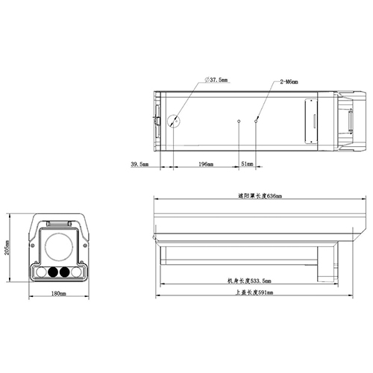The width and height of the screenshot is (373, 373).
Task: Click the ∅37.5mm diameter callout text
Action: tap(218, 80)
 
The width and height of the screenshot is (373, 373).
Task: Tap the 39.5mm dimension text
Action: tap(140, 163)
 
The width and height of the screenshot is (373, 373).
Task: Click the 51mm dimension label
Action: tap(247, 163)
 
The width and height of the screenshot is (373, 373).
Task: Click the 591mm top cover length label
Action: tap(249, 293)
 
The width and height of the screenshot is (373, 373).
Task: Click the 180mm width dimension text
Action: tap(58, 294)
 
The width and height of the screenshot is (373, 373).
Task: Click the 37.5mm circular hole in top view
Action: tap(174, 120)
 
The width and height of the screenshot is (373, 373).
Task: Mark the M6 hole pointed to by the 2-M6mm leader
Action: tap(256, 119)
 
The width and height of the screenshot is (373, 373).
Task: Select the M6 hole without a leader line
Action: tap(239, 120)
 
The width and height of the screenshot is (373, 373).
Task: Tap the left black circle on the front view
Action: tap(52, 272)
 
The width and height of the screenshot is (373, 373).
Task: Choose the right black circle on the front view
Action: tap(65, 272)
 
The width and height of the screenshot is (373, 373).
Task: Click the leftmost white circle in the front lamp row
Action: tap(40, 272)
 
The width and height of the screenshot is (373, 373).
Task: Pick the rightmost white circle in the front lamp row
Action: tap(77, 272)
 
